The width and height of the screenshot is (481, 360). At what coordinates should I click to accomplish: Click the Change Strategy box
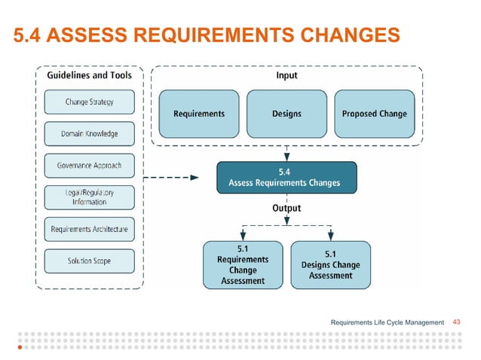[x=89, y=102]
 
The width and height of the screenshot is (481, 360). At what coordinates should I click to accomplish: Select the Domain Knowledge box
[x=89, y=134]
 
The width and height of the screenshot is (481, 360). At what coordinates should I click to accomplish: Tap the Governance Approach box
[x=89, y=165]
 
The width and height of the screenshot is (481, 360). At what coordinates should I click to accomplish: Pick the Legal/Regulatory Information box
[x=89, y=197]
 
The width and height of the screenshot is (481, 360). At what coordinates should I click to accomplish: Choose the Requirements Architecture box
[x=89, y=229]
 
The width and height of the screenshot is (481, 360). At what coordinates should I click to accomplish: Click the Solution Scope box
[x=89, y=261]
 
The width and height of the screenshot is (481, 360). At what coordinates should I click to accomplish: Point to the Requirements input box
[x=199, y=114]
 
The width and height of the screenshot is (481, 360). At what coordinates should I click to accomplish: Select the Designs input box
[x=286, y=114]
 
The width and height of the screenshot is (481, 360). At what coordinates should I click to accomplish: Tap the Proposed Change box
[x=374, y=114]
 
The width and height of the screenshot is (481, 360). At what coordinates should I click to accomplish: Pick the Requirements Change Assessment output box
[x=243, y=264]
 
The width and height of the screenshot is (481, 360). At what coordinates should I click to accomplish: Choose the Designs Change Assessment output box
[x=330, y=264]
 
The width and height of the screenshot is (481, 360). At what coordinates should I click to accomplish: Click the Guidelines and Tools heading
[x=89, y=75]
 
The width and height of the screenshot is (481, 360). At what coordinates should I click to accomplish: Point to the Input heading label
[x=286, y=75]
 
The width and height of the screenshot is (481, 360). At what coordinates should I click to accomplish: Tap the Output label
[x=286, y=208]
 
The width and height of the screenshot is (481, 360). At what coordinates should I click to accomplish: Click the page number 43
[x=456, y=322]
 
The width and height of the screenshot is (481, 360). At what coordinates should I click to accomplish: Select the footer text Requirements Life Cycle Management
[x=388, y=322]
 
